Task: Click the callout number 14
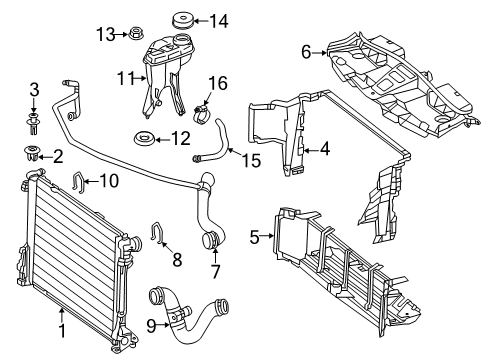[218, 21]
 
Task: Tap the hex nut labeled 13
[134, 33]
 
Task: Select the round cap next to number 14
[182, 21]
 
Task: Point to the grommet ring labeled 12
[144, 138]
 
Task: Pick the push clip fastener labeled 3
[33, 124]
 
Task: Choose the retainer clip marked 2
[32, 153]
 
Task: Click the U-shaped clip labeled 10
[78, 182]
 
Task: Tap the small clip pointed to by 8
[157, 232]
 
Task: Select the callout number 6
[306, 52]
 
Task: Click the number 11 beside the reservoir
[125, 79]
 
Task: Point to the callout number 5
[254, 238]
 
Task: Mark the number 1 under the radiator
[62, 330]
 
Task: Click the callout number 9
[151, 326]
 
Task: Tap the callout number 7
[216, 271]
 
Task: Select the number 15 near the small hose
[251, 160]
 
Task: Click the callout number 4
[325, 149]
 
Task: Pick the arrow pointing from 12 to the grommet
[162, 140]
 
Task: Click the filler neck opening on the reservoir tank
[181, 40]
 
